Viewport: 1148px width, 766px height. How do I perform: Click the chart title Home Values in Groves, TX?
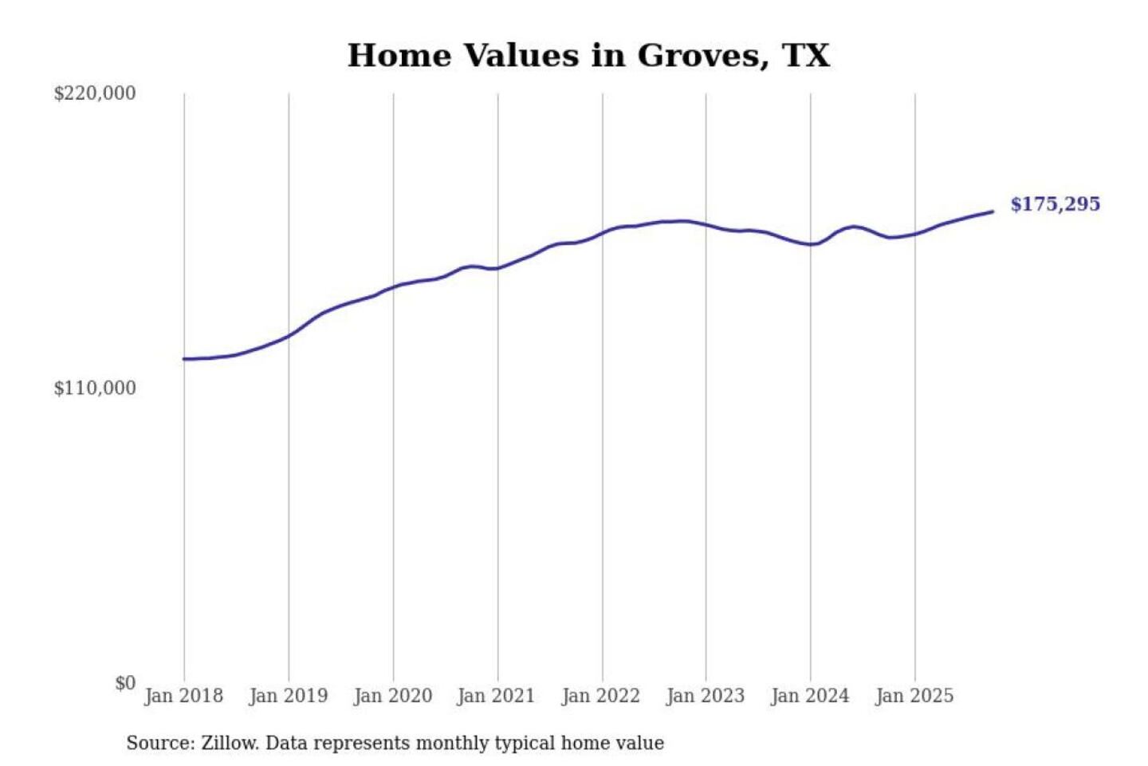[x=588, y=56]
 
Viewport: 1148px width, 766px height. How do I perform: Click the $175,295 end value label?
[x=1055, y=204]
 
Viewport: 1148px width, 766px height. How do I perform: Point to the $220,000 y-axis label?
[x=95, y=93]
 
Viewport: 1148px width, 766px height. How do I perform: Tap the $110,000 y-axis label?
[x=95, y=389]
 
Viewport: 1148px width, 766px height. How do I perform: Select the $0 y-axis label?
[x=125, y=683]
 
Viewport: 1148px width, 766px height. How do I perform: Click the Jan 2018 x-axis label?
[x=183, y=696]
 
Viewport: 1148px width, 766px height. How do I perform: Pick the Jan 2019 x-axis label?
[x=288, y=696]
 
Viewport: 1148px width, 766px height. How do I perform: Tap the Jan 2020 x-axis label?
[x=392, y=696]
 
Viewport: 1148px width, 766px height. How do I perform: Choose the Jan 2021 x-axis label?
[x=496, y=696]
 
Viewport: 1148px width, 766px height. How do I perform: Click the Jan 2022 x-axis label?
[x=600, y=696]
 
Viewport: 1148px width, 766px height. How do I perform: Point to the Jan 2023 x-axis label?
[x=705, y=696]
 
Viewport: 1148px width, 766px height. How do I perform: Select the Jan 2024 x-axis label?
[x=809, y=696]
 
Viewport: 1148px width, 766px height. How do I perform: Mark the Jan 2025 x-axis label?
[x=914, y=696]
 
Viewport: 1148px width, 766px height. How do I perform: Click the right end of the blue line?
[x=993, y=211]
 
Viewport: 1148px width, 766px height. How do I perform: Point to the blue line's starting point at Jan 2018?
[x=184, y=359]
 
